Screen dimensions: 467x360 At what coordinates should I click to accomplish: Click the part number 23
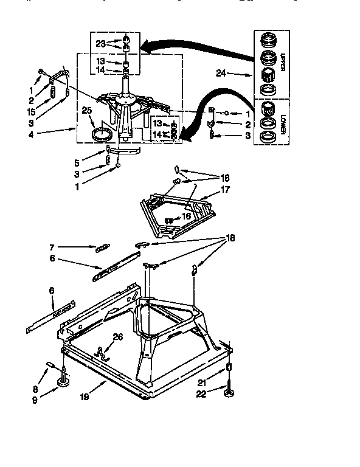[x=100, y=43]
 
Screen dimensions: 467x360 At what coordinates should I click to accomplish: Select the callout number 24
[x=221, y=74]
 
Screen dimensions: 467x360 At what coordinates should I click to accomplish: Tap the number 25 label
[x=87, y=110]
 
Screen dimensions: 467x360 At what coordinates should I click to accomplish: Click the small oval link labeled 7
[x=102, y=247]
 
